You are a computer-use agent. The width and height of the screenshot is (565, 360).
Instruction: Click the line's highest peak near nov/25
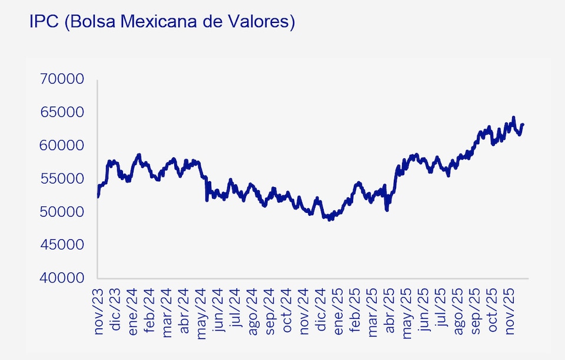513,118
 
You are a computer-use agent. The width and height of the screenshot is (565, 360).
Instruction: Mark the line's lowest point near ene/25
330,219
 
